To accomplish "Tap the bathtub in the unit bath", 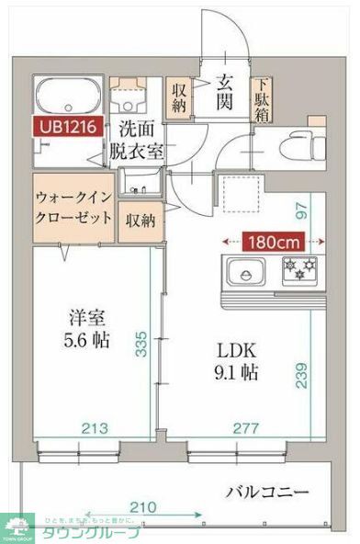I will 66,95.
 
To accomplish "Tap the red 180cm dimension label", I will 273,243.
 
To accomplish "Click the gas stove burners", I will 298,270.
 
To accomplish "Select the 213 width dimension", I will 88,427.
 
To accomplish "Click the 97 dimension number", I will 300,209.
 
